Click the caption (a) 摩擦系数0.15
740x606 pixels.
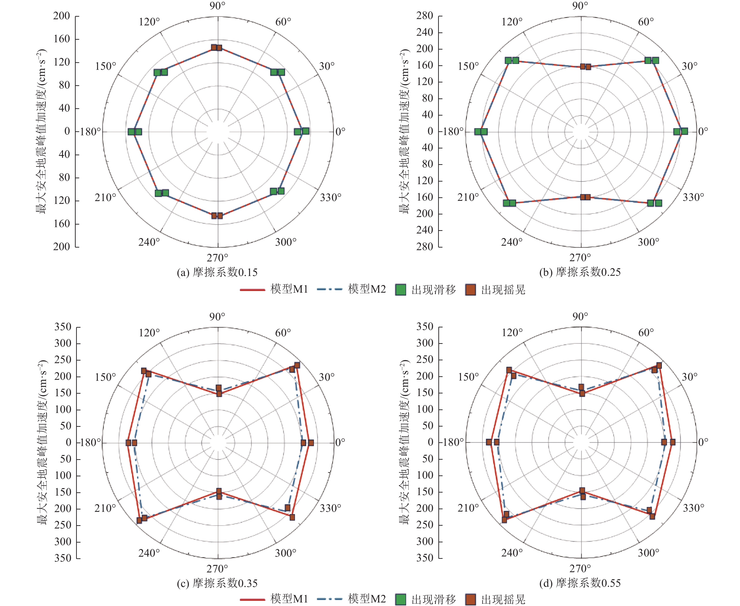coord(217,272)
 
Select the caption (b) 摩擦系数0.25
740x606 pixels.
coord(580,272)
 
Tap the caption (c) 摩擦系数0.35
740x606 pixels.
coord(217,583)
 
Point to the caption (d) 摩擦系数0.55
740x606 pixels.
coord(580,583)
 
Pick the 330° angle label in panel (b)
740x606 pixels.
coord(693,197)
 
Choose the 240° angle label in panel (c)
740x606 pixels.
coord(149,553)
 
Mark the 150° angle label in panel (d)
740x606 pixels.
coord(468,377)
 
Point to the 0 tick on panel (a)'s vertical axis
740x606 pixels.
coord(67,131)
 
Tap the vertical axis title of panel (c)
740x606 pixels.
coord(42,442)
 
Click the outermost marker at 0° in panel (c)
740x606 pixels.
coord(311,443)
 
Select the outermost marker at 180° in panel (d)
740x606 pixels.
coord(489,442)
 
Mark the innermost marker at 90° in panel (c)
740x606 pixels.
coord(219,394)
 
